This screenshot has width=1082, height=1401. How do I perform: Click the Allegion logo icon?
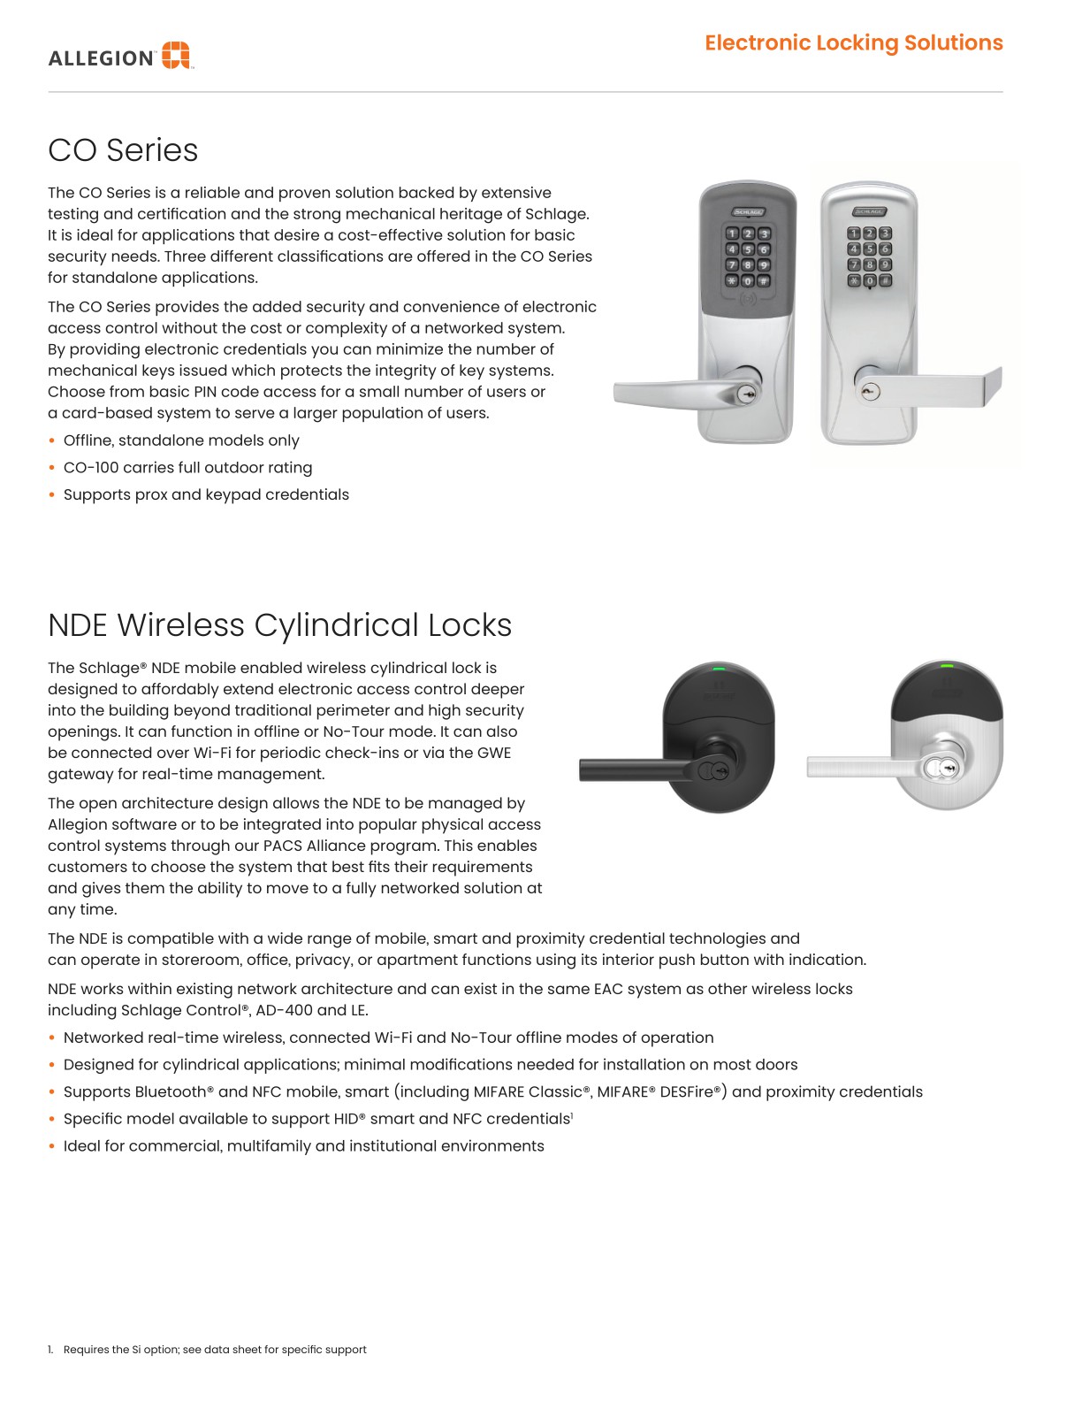pos(176,55)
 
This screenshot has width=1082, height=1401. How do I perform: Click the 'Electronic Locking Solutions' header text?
pos(853,42)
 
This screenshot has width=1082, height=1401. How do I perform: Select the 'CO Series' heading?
pos(123,150)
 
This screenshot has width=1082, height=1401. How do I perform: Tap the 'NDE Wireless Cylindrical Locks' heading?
pos(279,625)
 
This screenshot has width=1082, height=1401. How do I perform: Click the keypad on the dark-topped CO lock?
pos(748,256)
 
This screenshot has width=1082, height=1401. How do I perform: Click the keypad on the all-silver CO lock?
pos(869,256)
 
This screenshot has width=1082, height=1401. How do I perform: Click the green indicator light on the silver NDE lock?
pos(947,666)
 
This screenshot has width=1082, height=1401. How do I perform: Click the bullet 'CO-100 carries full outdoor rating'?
pos(187,468)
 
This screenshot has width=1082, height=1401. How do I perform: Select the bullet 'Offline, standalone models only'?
pos(181,440)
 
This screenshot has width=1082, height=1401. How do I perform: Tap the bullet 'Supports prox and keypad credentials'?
pos(206,494)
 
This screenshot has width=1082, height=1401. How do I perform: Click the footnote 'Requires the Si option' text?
pos(215,1350)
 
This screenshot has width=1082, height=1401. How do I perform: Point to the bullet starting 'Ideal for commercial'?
pos(303,1146)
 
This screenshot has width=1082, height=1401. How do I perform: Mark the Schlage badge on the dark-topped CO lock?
pos(747,212)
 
